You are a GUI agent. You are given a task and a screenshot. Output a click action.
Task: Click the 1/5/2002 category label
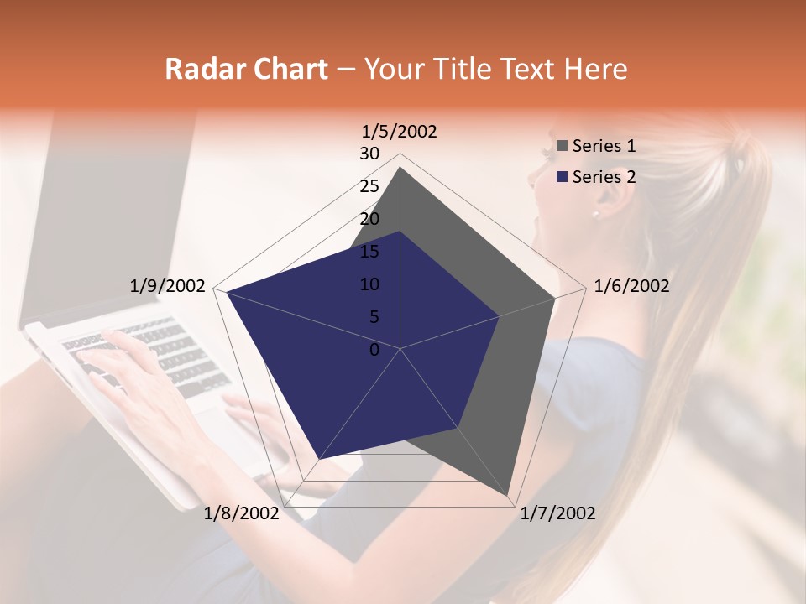click(x=400, y=131)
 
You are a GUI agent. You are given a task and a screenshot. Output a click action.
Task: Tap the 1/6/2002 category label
click(x=631, y=286)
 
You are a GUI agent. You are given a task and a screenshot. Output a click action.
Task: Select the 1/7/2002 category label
click(x=557, y=513)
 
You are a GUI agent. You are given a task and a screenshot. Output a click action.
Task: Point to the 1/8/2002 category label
click(x=242, y=513)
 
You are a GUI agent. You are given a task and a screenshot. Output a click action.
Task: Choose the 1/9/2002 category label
click(x=168, y=286)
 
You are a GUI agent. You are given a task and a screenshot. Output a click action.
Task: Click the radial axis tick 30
click(x=369, y=154)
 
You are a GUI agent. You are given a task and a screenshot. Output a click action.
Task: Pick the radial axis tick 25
click(x=369, y=186)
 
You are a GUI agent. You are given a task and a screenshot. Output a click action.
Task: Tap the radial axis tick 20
click(x=369, y=219)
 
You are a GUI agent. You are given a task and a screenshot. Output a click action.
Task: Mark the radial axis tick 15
click(x=369, y=252)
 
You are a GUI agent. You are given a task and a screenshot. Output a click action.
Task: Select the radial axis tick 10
click(x=369, y=284)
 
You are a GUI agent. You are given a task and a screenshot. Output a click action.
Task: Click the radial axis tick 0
click(x=374, y=350)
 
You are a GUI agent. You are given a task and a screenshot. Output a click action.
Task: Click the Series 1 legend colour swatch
click(x=562, y=147)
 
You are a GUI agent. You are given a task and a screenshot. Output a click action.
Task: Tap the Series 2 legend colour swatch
click(x=562, y=177)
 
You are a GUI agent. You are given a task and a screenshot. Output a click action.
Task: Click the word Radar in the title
click(x=202, y=69)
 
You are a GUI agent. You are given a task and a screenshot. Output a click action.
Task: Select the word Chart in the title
click(x=288, y=69)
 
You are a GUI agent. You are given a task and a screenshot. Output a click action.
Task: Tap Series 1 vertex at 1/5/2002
click(x=400, y=167)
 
